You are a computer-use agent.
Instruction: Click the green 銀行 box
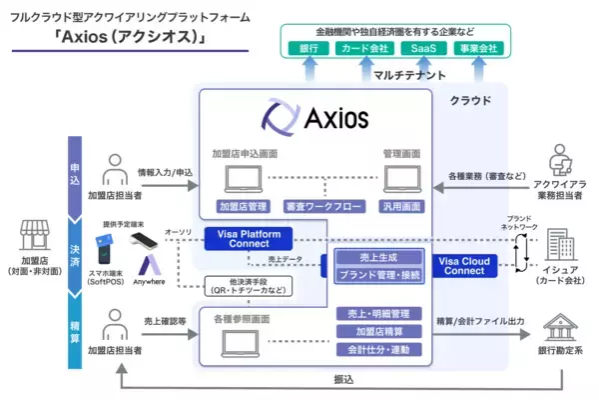(x=308, y=48)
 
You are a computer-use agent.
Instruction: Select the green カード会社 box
(x=363, y=48)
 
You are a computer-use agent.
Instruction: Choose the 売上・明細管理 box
(x=376, y=314)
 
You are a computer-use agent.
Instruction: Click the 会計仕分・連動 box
(x=376, y=349)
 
